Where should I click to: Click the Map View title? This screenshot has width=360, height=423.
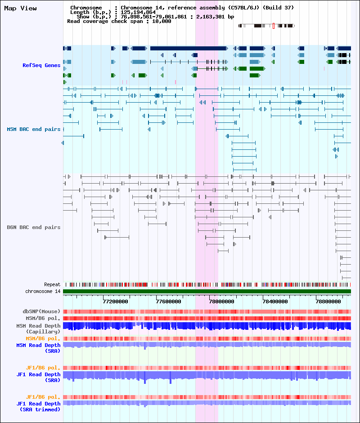pyautogui.click(x=20, y=8)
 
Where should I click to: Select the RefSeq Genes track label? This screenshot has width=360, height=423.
pyautogui.click(x=41, y=65)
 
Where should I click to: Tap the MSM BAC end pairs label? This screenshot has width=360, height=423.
pyautogui.click(x=33, y=129)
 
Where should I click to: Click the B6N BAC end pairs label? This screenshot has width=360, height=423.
pyautogui.click(x=33, y=227)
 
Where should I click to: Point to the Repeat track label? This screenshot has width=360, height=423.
pyautogui.click(x=52, y=284)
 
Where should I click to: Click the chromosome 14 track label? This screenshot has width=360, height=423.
pyautogui.click(x=43, y=291)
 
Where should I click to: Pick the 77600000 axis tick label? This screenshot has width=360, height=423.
pyautogui.click(x=169, y=301)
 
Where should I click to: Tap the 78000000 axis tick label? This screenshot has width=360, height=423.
pyautogui.click(x=222, y=301)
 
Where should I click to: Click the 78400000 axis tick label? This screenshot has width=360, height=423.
pyautogui.click(x=274, y=301)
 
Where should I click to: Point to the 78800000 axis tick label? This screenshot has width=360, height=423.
pyautogui.click(x=327, y=301)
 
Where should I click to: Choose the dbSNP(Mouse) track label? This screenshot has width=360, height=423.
pyautogui.click(x=41, y=311)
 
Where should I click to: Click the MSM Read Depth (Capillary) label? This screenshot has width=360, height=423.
pyautogui.click(x=38, y=328)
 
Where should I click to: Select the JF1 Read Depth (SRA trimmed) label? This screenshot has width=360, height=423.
pyautogui.click(x=38, y=406)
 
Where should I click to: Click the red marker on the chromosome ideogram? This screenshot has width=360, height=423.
pyautogui.click(x=273, y=26)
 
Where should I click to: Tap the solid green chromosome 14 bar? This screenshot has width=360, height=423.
pyautogui.click(x=207, y=292)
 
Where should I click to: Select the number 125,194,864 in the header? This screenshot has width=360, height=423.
pyautogui.click(x=138, y=12)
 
